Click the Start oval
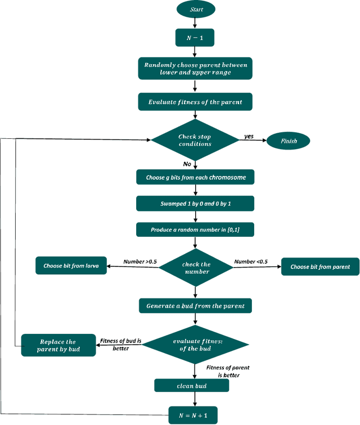tap(195, 9)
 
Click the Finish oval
tap(288, 141)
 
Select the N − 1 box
tap(195, 38)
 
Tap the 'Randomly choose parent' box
tap(195, 69)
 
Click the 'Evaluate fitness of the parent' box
tap(195, 102)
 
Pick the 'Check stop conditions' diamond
tap(195, 141)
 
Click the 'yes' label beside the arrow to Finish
tap(248, 136)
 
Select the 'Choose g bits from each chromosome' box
tap(195, 177)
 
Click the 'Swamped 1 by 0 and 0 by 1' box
tap(195, 203)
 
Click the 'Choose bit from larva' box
tap(71, 266)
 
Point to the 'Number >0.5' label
tap(140, 261)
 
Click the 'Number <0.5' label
tap(250, 261)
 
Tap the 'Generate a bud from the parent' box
tap(195, 306)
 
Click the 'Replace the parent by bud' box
tap(58, 345)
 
